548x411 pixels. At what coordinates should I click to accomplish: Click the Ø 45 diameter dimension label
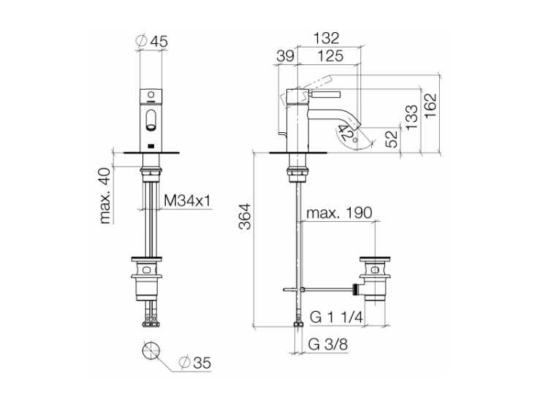(x=151, y=41)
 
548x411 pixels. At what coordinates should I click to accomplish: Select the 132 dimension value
(x=326, y=38)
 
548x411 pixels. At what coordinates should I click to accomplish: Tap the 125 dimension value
(x=330, y=55)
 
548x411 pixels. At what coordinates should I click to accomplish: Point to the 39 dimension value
(x=286, y=55)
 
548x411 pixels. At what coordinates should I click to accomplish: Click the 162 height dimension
(x=430, y=105)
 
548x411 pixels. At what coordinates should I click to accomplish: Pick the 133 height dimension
(x=411, y=117)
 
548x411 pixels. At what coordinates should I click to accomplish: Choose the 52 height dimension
(x=392, y=139)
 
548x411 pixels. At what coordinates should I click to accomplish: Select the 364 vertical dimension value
(x=245, y=217)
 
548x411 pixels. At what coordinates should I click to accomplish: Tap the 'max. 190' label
(x=339, y=212)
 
